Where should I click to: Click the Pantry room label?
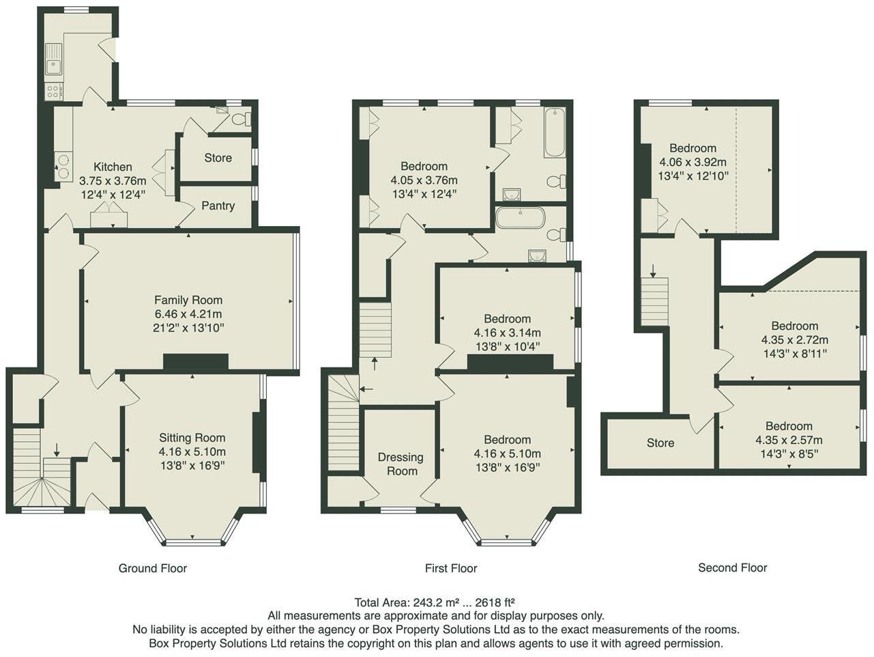coord(218,206)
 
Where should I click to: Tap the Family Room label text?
coord(188,300)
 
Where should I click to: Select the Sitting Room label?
coord(192,438)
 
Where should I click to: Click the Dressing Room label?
coord(402,464)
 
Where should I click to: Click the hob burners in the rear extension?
coord(53,92)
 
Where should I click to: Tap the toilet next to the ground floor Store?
coord(239,120)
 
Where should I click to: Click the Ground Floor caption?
coord(152,568)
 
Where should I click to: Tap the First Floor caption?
coord(450,568)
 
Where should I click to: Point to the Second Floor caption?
coord(732,568)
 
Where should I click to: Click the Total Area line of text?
coord(434,602)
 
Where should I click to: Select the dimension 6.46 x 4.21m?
coord(188,314)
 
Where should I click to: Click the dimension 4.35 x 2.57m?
coord(789,440)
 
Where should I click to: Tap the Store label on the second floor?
coord(660,443)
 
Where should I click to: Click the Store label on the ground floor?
coord(218,158)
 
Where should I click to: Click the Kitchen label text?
coord(113,167)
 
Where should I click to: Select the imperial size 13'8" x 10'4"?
coord(507,346)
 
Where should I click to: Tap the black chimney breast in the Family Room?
coord(195,362)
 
